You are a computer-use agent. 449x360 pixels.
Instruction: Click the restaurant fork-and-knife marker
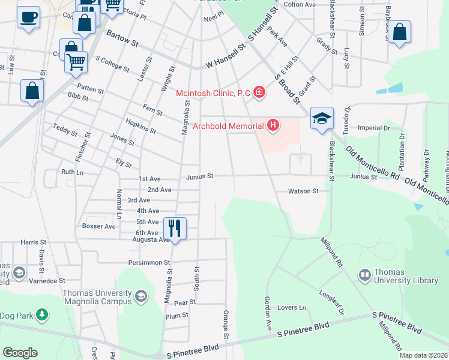click(x=175, y=228)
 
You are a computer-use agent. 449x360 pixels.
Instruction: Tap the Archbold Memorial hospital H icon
click(x=273, y=125)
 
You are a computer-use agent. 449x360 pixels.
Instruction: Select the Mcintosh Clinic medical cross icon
click(x=259, y=92)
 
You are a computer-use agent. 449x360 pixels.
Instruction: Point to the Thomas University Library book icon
click(x=365, y=275)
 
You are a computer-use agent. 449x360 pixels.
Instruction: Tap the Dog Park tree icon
click(x=41, y=314)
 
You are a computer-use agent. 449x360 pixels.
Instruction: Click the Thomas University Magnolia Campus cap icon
click(x=141, y=296)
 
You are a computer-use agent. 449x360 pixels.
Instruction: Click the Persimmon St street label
click(x=149, y=263)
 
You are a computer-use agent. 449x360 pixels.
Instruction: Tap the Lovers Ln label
click(x=292, y=308)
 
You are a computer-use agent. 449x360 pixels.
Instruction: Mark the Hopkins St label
click(x=141, y=126)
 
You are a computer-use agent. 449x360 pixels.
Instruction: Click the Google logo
click(x=20, y=353)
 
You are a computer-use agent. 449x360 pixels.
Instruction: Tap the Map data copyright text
click(x=423, y=355)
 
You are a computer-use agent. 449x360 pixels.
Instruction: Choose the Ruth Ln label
click(x=72, y=172)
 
